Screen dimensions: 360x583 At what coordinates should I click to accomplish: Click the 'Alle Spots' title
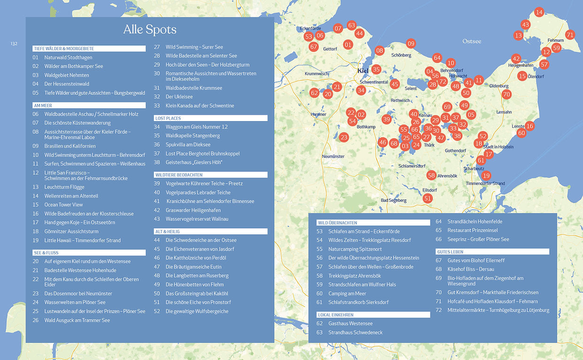click(150, 30)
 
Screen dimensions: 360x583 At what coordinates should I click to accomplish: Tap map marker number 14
click(539, 12)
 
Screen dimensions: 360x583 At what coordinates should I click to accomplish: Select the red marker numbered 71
click(570, 34)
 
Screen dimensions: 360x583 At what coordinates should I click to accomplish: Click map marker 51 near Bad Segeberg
click(427, 198)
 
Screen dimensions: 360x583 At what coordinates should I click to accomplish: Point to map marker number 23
click(344, 137)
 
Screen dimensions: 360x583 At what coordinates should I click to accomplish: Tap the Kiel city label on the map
click(363, 71)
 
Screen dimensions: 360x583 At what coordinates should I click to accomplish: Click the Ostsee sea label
click(472, 41)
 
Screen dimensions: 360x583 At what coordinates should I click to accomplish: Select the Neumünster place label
click(334, 156)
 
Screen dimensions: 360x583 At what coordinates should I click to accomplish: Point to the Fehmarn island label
click(555, 40)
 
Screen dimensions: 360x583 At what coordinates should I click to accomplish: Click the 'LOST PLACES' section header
click(211, 118)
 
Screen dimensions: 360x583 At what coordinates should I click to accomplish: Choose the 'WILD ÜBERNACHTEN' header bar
click(373, 223)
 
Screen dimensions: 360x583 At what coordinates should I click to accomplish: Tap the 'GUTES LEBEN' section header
click(492, 252)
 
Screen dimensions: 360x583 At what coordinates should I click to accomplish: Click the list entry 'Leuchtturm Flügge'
click(64, 187)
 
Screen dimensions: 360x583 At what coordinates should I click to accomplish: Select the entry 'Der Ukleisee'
click(179, 97)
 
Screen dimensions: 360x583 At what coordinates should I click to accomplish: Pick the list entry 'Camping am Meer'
click(347, 293)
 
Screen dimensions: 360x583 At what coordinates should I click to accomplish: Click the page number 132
click(14, 44)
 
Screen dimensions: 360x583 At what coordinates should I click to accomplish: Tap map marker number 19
click(486, 176)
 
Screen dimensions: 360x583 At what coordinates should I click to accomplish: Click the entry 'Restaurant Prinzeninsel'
click(472, 230)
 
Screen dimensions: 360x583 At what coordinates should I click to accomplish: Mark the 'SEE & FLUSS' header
click(89, 253)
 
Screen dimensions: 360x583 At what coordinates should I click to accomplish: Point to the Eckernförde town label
click(310, 29)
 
